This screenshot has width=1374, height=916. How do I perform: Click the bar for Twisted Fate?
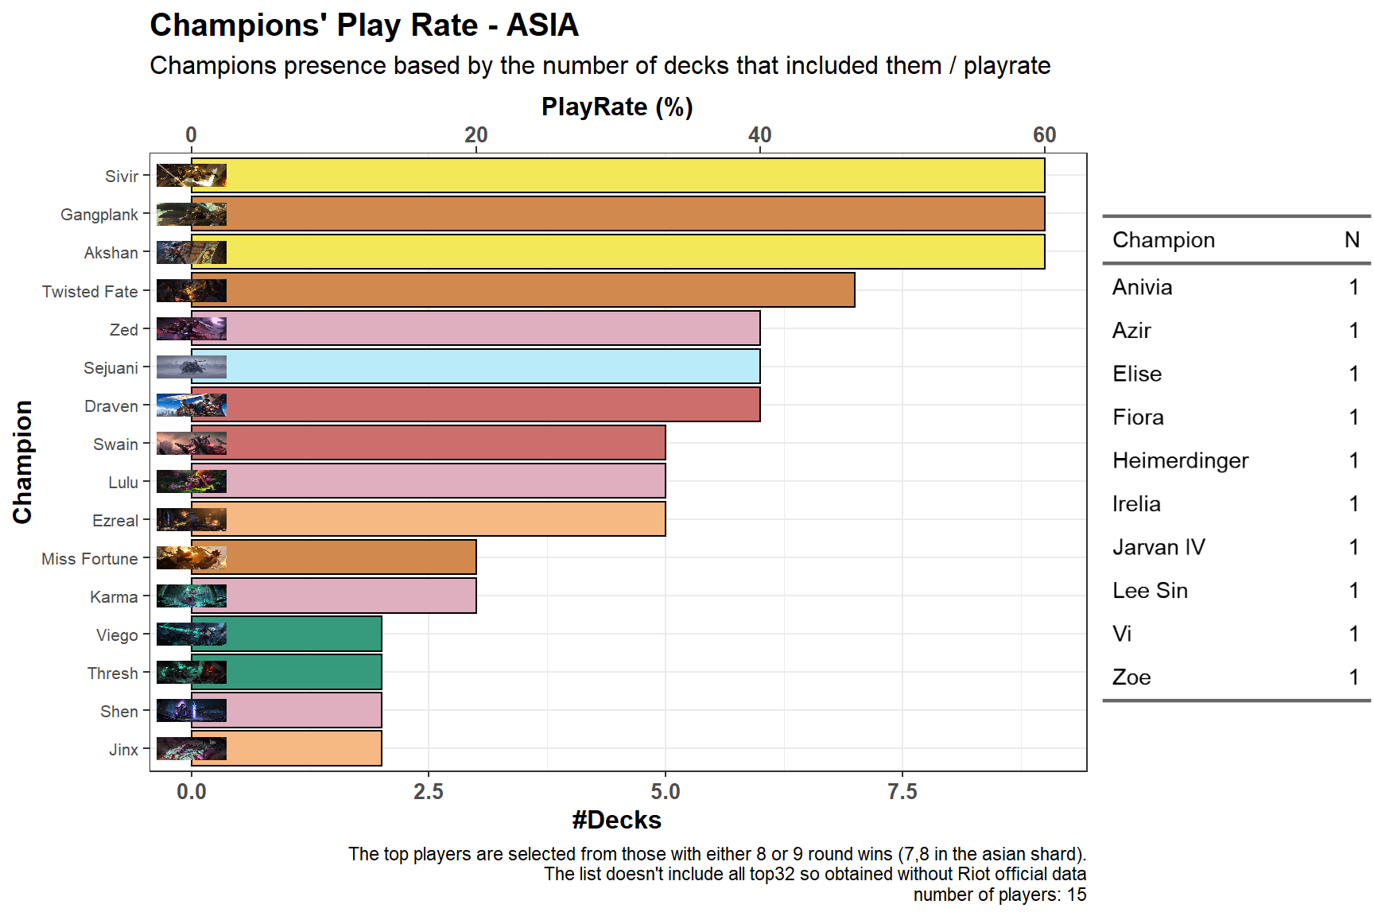click(x=523, y=290)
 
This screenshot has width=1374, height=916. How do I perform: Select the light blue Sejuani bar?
click(x=475, y=367)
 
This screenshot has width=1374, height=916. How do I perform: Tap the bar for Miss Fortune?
click(x=334, y=557)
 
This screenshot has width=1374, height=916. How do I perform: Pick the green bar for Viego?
click(x=286, y=634)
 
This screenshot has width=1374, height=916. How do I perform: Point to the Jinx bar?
click(x=286, y=748)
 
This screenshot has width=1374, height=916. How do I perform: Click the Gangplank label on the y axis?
click(x=99, y=215)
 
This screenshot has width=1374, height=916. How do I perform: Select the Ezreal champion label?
click(x=115, y=521)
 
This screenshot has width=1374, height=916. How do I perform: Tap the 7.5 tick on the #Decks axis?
click(x=902, y=792)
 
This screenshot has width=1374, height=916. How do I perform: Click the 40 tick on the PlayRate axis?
click(x=760, y=135)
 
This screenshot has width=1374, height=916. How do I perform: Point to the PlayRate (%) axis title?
click(x=617, y=107)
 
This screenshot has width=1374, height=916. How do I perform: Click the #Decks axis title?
click(x=617, y=820)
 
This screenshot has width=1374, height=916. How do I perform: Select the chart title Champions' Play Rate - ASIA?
click(x=364, y=25)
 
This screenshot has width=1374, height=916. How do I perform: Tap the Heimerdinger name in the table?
click(x=1180, y=460)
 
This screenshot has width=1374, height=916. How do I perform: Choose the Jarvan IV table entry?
click(x=1159, y=547)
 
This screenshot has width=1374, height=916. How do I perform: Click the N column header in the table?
click(x=1352, y=240)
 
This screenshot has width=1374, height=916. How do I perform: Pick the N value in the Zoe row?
click(x=1354, y=677)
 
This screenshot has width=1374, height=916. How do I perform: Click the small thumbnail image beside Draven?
click(x=192, y=406)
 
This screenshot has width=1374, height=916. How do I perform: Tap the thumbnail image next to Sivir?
click(x=192, y=175)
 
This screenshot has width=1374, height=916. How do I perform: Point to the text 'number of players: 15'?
click(x=999, y=895)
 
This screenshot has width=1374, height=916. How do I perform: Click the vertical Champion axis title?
click(x=22, y=462)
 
